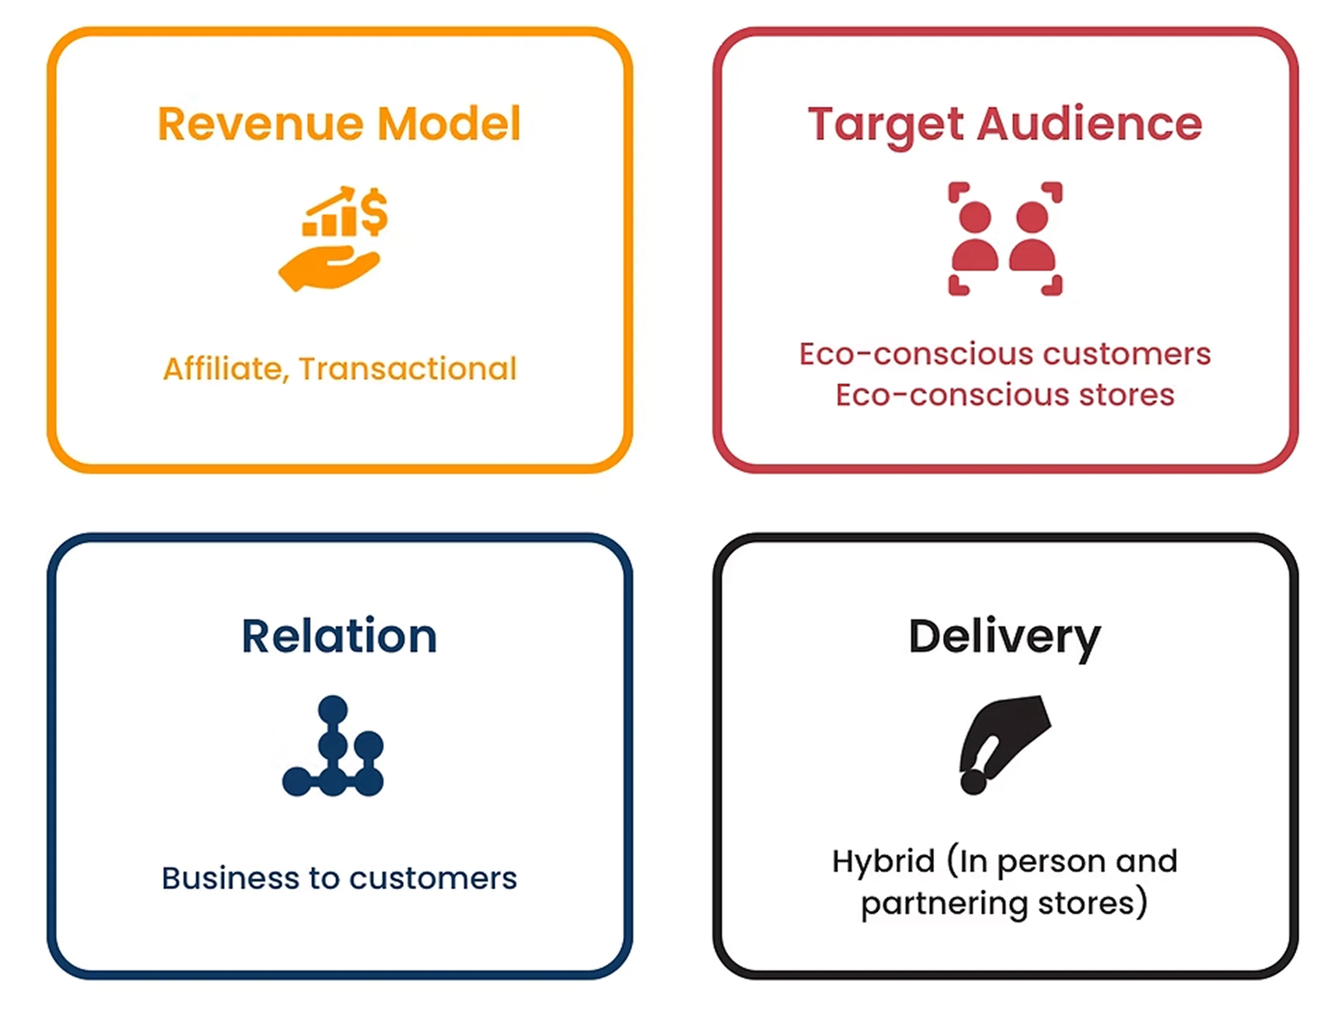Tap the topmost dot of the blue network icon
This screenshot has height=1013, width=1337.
333,709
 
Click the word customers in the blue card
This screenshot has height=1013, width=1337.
433,879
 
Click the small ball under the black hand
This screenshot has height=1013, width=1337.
973,782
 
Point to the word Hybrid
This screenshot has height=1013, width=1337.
883,861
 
